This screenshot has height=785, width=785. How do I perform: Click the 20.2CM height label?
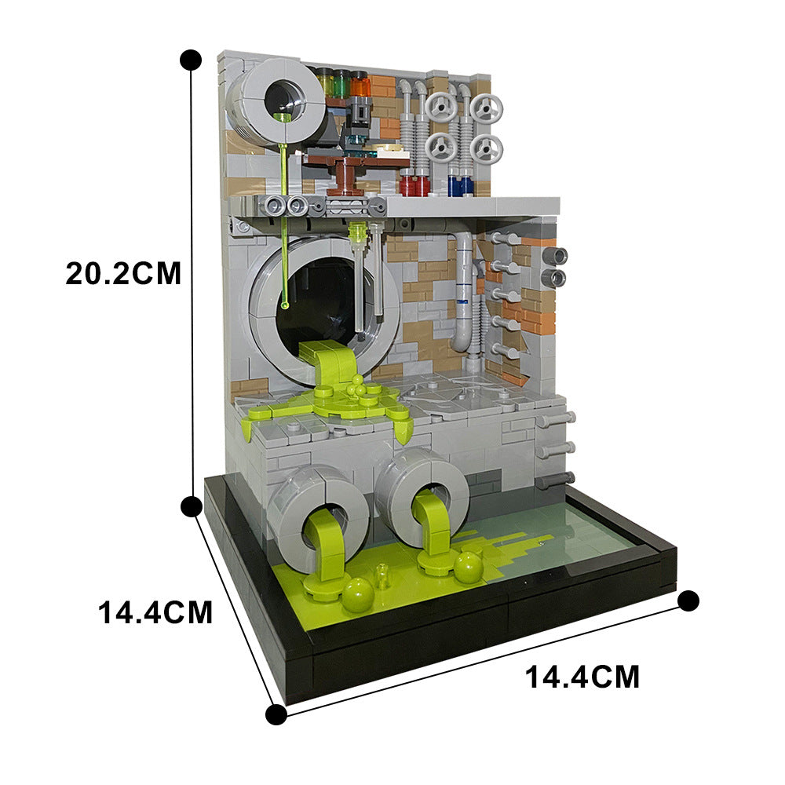tap(123, 273)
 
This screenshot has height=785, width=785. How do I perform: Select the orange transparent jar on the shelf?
tap(360, 84)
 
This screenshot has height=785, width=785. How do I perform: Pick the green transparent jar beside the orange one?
tap(341, 82)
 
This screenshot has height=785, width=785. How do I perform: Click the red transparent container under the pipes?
tap(414, 185)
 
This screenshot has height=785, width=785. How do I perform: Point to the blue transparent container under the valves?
tap(461, 185)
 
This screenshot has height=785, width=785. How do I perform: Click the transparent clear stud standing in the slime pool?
tap(382, 575)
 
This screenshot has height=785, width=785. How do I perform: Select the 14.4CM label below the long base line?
tap(582, 676)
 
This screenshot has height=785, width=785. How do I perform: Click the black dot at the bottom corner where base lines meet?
tap(276, 714)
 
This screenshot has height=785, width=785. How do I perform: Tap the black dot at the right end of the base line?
tap(688, 601)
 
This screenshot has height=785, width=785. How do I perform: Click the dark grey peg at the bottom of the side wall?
tap(556, 478)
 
